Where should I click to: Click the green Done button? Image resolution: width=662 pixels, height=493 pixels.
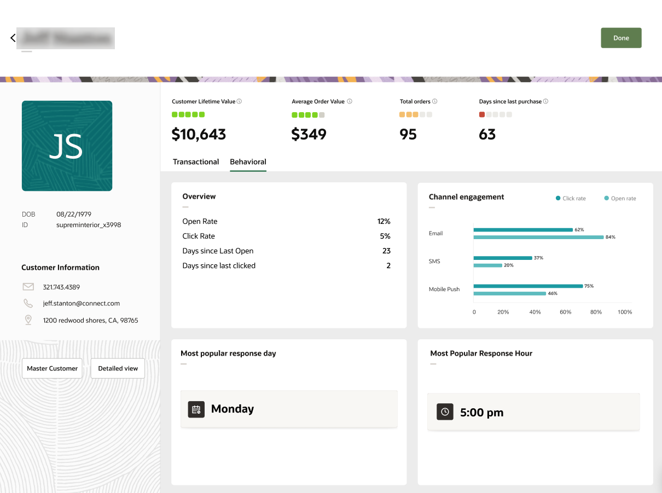tap(621, 38)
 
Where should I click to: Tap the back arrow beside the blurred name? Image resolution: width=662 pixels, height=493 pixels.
tap(13, 38)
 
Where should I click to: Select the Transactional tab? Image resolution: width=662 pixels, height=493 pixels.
tap(196, 162)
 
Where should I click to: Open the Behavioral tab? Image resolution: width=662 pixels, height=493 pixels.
tap(248, 162)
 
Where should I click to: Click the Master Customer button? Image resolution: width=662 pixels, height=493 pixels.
tap(52, 369)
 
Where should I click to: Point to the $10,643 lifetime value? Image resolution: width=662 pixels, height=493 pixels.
tap(199, 135)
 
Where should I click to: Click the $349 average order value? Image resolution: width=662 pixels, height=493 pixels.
tap(309, 135)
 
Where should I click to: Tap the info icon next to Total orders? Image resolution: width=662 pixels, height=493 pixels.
tap(435, 101)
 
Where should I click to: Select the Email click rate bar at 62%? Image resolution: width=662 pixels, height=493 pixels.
tap(522, 230)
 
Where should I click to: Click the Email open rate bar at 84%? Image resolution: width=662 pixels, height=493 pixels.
tap(538, 237)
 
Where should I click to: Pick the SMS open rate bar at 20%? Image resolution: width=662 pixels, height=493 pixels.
tap(487, 265)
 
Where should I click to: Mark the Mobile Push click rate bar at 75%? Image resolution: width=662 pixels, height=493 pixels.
tap(528, 286)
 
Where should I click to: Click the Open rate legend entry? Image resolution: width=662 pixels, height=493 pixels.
tap(620, 199)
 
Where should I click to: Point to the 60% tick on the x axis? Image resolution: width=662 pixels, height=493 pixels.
tap(565, 312)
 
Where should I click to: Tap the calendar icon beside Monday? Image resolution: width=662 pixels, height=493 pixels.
tap(196, 409)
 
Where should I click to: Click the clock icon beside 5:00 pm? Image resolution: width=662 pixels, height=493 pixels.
tap(445, 412)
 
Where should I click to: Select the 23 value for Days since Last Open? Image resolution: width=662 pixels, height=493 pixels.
tap(386, 251)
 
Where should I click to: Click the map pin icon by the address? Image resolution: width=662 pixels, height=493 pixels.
tap(28, 320)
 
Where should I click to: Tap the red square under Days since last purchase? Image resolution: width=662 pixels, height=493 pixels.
tap(482, 115)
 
